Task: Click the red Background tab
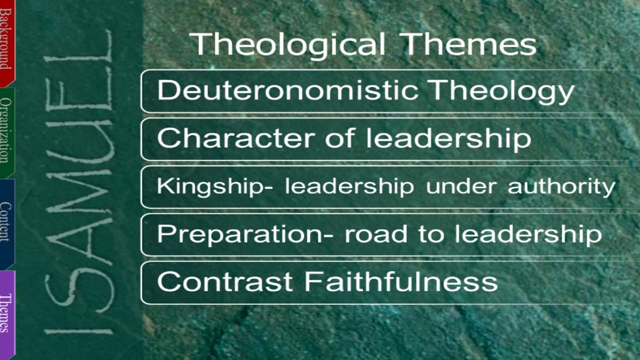click(x=7, y=43)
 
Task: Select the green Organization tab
click(x=7, y=133)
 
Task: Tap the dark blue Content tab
click(x=7, y=225)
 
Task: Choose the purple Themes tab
click(x=7, y=314)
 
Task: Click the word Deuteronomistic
click(x=287, y=90)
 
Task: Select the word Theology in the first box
click(x=502, y=92)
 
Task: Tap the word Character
click(x=236, y=138)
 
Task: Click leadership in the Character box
click(x=449, y=139)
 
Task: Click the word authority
click(x=562, y=187)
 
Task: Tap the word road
click(x=375, y=234)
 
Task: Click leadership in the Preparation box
click(x=529, y=235)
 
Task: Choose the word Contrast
click(x=225, y=282)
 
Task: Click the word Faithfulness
click(x=401, y=281)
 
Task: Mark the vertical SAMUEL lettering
click(x=79, y=183)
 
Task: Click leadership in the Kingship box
click(x=349, y=187)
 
